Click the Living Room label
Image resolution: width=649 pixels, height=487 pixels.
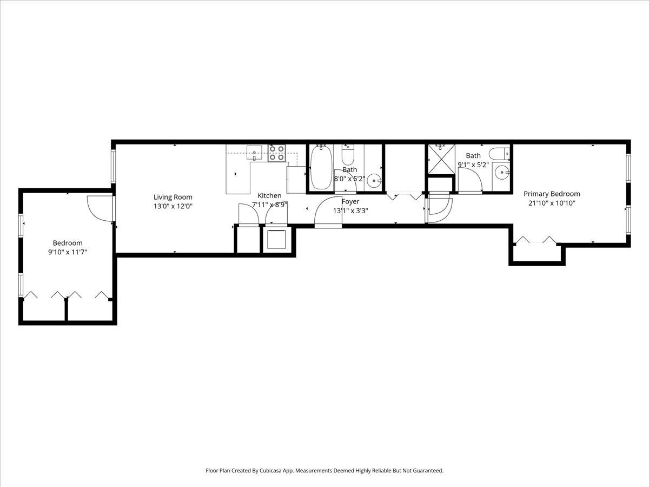(173, 197)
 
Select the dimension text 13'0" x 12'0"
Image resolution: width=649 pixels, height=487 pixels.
(173, 206)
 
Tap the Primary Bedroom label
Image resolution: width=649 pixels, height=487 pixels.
(552, 194)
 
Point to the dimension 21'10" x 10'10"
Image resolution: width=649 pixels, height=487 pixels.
(552, 203)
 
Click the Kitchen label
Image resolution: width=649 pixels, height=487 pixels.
(269, 195)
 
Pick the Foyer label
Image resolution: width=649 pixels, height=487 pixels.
(350, 201)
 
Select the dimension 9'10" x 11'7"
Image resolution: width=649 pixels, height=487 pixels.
(67, 252)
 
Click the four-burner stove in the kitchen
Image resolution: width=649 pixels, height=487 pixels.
(277, 153)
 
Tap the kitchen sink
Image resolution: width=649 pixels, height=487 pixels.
(254, 153)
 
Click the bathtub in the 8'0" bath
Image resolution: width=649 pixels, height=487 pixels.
(320, 167)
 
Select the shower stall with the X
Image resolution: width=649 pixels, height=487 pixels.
(441, 160)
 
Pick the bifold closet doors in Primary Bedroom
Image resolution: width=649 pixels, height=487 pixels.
(535, 240)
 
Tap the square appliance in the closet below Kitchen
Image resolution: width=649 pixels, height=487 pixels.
(277, 239)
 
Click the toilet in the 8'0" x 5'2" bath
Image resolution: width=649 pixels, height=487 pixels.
(348, 155)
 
